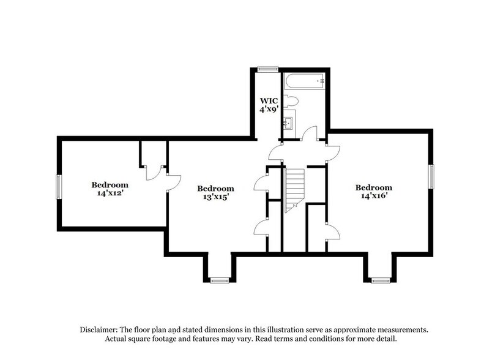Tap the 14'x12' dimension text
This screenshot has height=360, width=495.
pyautogui.click(x=110, y=193)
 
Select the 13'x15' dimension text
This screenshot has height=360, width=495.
pyautogui.click(x=215, y=197)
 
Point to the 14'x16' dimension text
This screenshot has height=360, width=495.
pyautogui.click(x=373, y=196)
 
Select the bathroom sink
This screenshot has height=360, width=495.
pyautogui.click(x=288, y=123)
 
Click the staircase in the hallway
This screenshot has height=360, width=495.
pyautogui.click(x=295, y=190)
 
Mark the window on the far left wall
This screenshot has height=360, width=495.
pyautogui.click(x=59, y=187)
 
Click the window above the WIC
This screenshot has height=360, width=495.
pyautogui.click(x=267, y=68)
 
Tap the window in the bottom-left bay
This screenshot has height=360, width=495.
pyautogui.click(x=219, y=280)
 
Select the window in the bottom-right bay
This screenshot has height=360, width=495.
pyautogui.click(x=381, y=280)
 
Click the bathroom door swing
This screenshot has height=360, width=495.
pyautogui.click(x=311, y=133)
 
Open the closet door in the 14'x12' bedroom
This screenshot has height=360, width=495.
pyautogui.click(x=151, y=173)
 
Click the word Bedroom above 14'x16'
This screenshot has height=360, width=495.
pyautogui.click(x=373, y=187)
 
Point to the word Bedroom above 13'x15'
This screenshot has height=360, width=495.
pyautogui.click(x=215, y=188)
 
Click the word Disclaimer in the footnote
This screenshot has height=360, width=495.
pyautogui.click(x=101, y=329)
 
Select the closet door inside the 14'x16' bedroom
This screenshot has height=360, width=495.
pyautogui.click(x=333, y=231)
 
